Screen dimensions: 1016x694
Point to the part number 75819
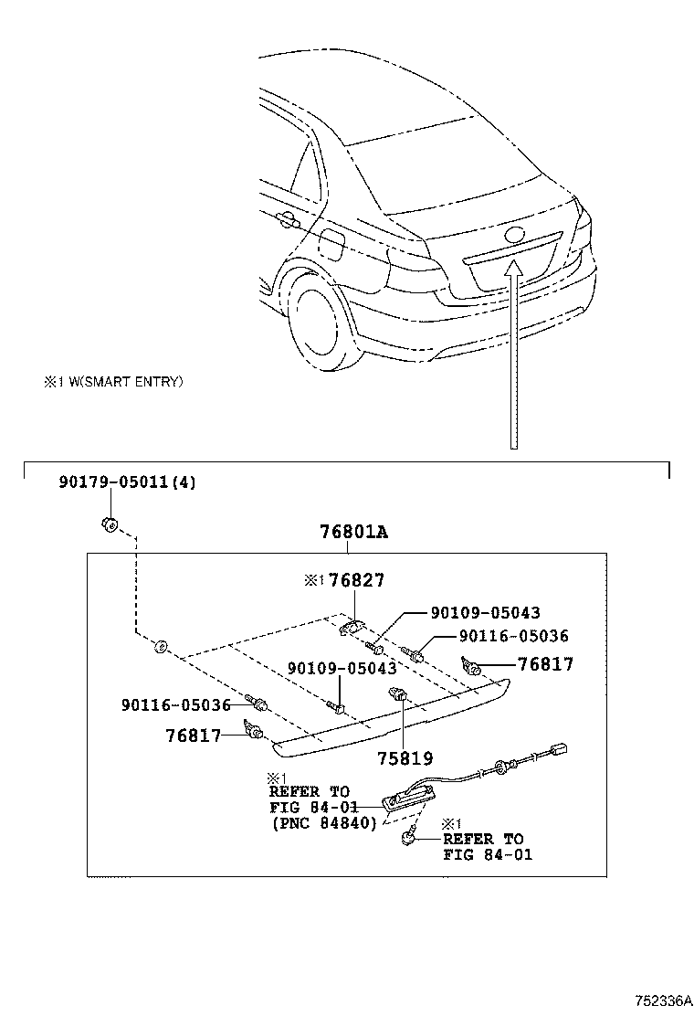(405, 758)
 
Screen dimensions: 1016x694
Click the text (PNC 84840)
(324, 822)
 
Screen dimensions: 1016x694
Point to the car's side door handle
(286, 220)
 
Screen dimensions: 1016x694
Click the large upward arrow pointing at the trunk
(513, 356)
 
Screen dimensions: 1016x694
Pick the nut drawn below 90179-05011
(108, 524)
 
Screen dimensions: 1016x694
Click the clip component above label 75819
(398, 693)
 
